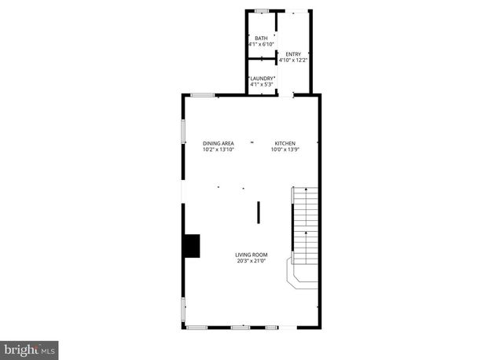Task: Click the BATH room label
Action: pyautogui.click(x=261, y=38)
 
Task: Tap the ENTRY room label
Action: pyautogui.click(x=293, y=54)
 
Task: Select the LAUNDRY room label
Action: pyautogui.click(x=261, y=78)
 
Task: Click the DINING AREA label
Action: pyautogui.click(x=218, y=143)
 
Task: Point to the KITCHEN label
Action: pyautogui.click(x=285, y=143)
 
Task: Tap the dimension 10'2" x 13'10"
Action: pyautogui.click(x=218, y=149)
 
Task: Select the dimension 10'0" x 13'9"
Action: pyautogui.click(x=285, y=149)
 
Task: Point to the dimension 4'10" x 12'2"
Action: pyautogui.click(x=293, y=61)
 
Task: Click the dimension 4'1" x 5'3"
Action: pyautogui.click(x=261, y=84)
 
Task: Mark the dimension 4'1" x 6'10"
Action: pyautogui.click(x=261, y=44)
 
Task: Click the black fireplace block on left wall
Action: pyautogui.click(x=191, y=245)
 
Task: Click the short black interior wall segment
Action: pyautogui.click(x=258, y=213)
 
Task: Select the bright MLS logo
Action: pyautogui.click(x=30, y=347)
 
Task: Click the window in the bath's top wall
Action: pyautogui.click(x=261, y=10)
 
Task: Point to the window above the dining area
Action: pyautogui.click(x=203, y=95)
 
